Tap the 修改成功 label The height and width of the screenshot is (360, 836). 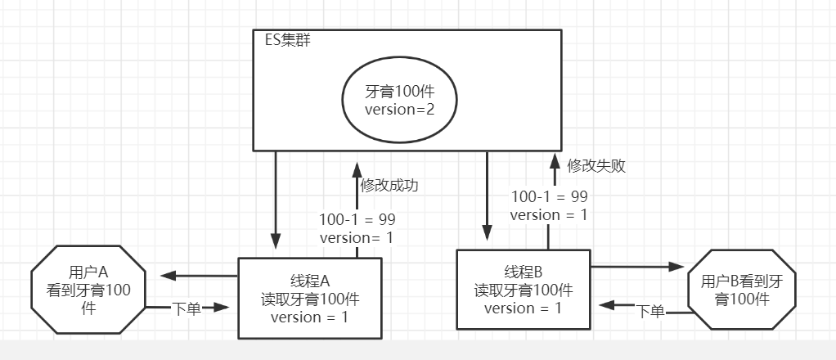pos(389,185)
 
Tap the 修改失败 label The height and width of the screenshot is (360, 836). pos(597,165)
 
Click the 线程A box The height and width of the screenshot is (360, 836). pos(309,297)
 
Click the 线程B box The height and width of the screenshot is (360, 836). pos(523,290)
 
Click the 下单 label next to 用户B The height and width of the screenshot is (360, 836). pos(650,311)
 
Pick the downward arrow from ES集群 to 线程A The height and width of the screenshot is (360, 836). pos(276,200)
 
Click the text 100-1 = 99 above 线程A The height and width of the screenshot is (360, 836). pos(357,219)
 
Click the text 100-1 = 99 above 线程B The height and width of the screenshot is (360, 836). pos(549,196)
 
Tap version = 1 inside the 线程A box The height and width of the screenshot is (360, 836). pos(309,317)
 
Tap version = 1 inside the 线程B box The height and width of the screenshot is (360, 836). pos(523,308)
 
